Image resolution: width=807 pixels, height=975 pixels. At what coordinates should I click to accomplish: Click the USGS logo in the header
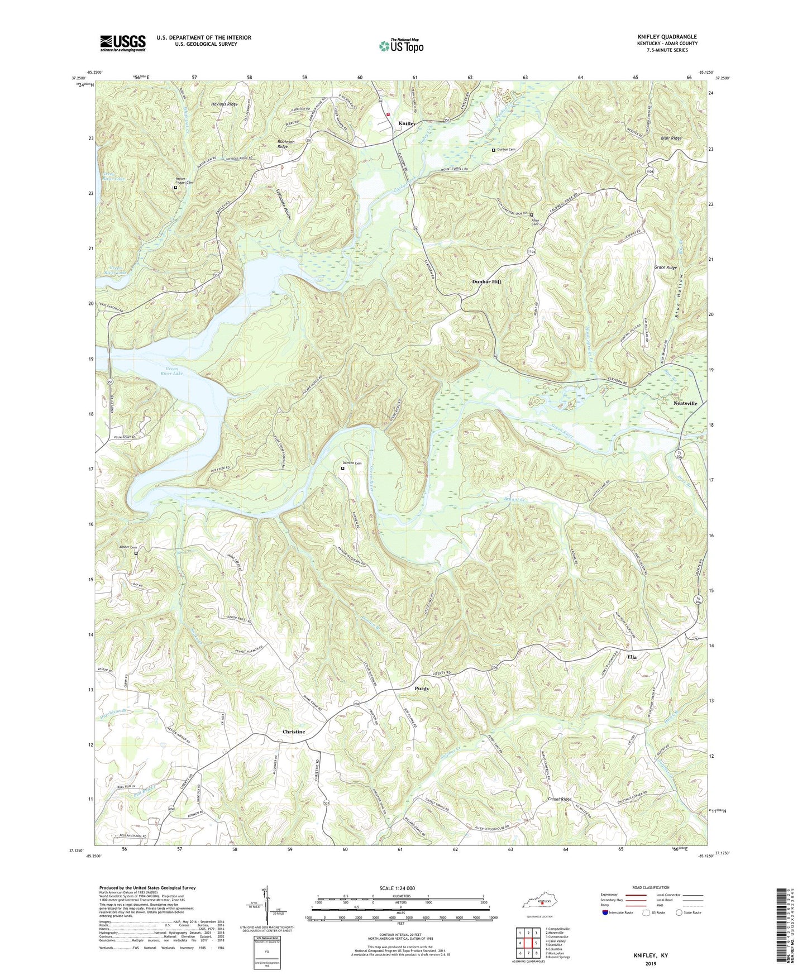[122, 43]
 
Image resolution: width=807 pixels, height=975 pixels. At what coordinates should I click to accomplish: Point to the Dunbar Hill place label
[486, 282]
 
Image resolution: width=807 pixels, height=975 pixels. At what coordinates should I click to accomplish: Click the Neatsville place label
[685, 403]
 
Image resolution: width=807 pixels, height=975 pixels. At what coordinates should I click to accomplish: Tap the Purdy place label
[422, 689]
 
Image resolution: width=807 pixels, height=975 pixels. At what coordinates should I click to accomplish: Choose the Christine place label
[294, 732]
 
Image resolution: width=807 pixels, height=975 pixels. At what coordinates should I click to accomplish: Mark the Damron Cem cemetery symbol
[343, 469]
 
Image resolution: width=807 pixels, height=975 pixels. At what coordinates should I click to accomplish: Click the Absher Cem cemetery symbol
[136, 553]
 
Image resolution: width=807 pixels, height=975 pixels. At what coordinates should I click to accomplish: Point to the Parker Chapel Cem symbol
[175, 188]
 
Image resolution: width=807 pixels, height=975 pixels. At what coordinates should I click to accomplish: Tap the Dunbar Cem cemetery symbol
[493, 150]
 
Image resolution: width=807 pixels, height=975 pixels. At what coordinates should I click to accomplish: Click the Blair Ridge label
[671, 138]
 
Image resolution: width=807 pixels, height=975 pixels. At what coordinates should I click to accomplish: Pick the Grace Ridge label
[665, 267]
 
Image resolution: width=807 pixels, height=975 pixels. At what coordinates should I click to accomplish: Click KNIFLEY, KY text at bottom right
[650, 955]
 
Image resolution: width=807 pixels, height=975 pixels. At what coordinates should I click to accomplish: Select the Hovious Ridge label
[225, 104]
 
